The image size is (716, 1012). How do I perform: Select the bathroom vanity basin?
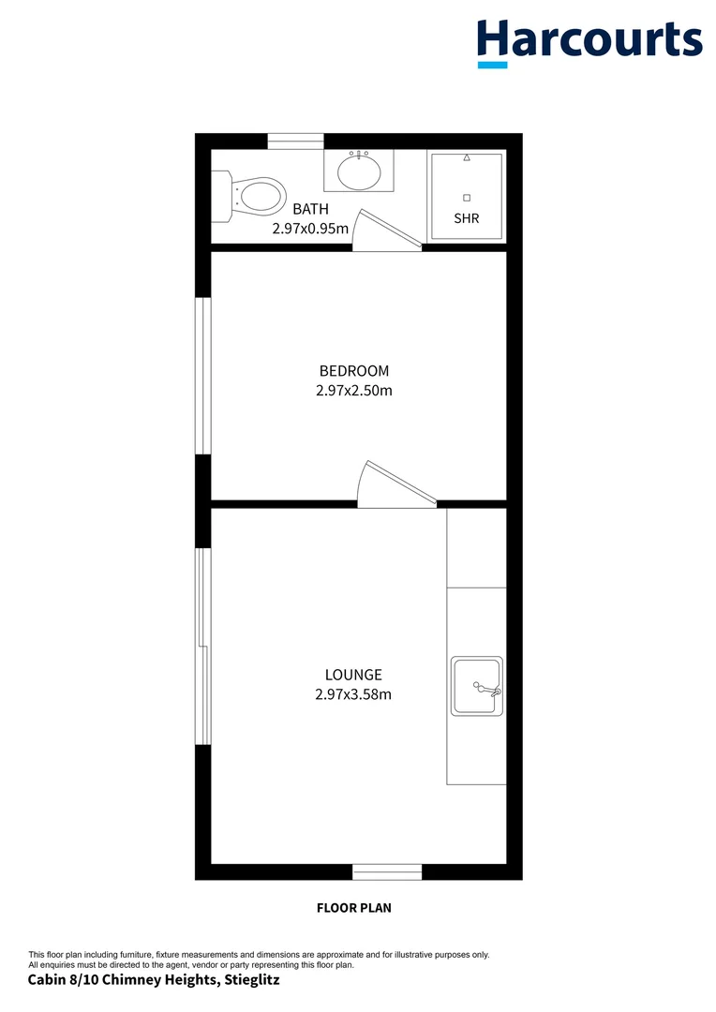pos(359,171)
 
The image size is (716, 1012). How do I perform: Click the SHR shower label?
pos(466,218)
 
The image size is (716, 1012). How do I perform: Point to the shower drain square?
pos(466,197)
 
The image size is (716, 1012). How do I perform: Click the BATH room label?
pos(310,209)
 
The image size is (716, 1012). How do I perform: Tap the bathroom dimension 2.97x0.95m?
pos(310,228)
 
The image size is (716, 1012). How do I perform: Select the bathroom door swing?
pos(386,232)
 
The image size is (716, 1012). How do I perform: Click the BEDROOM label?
pos(353,370)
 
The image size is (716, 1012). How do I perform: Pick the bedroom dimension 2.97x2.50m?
pos(353,390)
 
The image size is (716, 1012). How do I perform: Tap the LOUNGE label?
pos(353,674)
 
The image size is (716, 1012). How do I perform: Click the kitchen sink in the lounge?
pos(476,686)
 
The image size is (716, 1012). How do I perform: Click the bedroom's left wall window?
pos(202,376)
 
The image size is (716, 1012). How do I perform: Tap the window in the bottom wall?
pos(387,872)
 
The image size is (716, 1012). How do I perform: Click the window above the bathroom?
pos(296,141)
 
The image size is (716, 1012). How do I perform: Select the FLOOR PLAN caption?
pos(353,907)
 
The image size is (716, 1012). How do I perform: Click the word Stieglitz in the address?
pos(252,980)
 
